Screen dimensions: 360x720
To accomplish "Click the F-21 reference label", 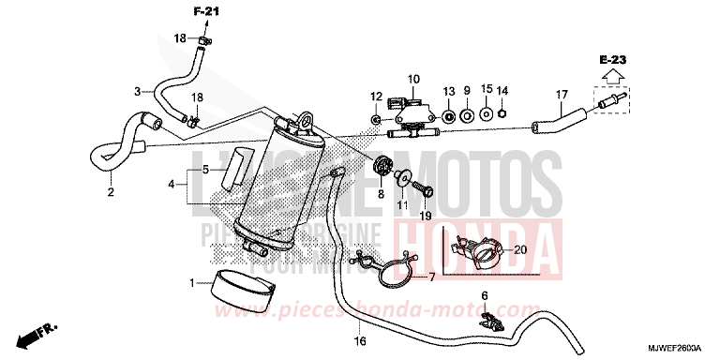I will [207, 11].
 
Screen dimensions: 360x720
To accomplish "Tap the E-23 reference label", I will [614, 60].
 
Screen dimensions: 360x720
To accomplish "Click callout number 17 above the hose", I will [562, 94].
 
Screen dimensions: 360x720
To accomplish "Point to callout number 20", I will [521, 249].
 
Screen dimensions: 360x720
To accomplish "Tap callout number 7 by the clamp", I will [432, 278].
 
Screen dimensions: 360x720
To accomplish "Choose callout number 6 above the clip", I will [485, 296].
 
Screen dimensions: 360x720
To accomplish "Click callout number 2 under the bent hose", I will [110, 193].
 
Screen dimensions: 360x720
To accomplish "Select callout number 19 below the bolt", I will [426, 216].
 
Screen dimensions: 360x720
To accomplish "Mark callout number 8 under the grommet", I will [382, 194].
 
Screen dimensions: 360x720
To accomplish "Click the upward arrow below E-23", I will [614, 76].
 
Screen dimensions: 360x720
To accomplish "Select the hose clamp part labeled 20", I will [478, 251].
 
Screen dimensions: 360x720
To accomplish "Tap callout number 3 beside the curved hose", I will [137, 91].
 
